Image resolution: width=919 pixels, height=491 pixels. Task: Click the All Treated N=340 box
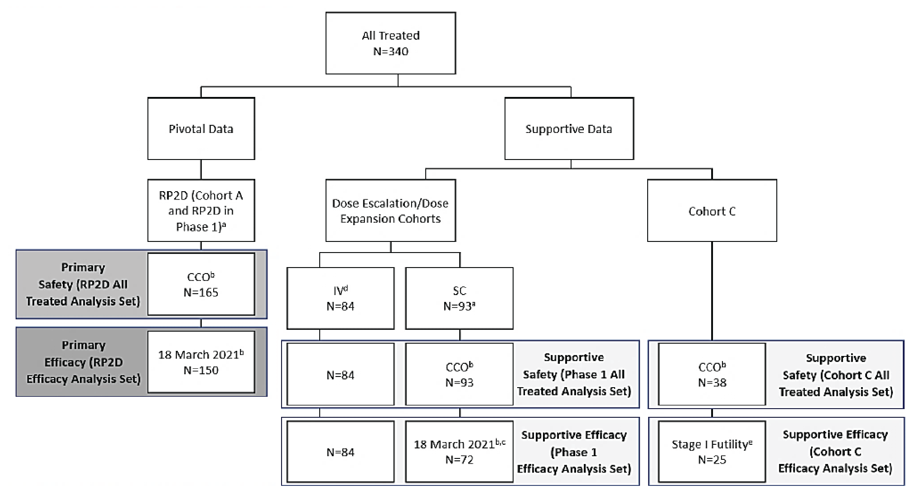point(390,43)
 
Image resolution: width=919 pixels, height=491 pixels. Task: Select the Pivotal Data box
point(201,129)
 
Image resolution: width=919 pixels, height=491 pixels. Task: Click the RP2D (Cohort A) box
point(201,210)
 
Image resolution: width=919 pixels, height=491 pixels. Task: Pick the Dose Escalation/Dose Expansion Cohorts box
point(390,210)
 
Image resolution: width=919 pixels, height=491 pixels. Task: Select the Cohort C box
point(712,211)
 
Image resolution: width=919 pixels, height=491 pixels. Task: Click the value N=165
point(201,292)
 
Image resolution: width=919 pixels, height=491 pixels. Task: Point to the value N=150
point(201,370)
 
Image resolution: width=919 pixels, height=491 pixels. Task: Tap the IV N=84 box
point(340,298)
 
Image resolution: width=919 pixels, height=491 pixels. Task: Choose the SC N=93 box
point(459,298)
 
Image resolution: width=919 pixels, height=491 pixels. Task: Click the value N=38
point(712,383)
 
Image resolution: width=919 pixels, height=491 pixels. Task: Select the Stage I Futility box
point(712,451)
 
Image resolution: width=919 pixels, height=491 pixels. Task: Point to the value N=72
point(459,459)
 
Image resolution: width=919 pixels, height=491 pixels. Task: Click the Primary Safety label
point(83,284)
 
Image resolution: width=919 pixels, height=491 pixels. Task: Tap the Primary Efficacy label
point(83,362)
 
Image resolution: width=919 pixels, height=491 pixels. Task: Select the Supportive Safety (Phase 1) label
point(574,374)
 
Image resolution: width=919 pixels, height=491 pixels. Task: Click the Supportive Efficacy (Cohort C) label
point(835,451)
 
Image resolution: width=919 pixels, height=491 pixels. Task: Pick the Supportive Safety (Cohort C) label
point(836,375)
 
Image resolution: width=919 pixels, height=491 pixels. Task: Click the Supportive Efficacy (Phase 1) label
point(574,452)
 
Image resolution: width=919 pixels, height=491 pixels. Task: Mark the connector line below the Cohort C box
point(712,291)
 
